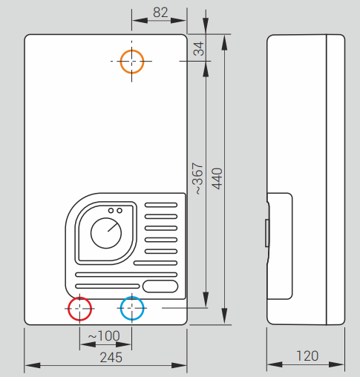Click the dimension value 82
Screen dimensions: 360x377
click(x=160, y=13)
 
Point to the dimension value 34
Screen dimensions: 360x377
click(x=199, y=48)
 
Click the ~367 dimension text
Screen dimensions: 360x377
click(x=197, y=178)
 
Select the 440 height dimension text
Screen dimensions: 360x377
click(x=217, y=179)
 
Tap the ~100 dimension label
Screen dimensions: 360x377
click(x=104, y=336)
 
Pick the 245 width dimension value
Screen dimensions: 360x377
click(x=111, y=358)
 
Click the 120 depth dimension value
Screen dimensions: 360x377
click(x=307, y=356)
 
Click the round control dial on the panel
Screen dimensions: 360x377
click(x=106, y=233)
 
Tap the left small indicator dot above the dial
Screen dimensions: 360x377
click(x=111, y=211)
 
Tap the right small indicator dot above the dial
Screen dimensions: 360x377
click(x=120, y=211)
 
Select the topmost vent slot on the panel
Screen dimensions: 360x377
click(x=161, y=205)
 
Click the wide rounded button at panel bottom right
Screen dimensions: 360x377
click(x=160, y=286)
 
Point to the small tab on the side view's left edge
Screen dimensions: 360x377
click(x=267, y=233)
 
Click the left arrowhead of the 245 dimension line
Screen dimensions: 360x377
click(x=33, y=365)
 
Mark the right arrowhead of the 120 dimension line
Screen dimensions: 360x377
click(x=336, y=364)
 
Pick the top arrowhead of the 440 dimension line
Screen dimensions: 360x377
click(x=224, y=42)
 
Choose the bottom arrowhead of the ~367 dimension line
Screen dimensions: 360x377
click(x=206, y=300)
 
